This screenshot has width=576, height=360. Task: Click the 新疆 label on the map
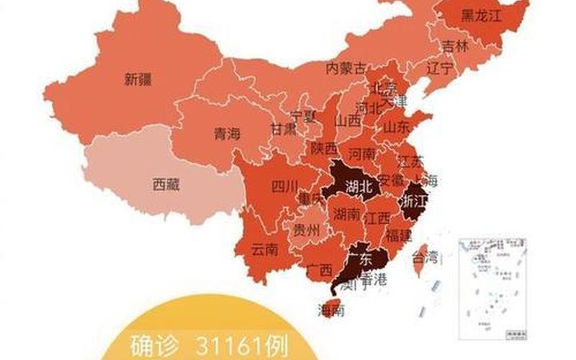[138, 80]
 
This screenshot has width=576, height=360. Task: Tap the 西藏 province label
[166, 184]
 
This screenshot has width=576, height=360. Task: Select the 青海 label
[228, 134]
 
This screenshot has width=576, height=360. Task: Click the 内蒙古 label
[346, 68]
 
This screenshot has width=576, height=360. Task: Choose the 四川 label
[284, 187]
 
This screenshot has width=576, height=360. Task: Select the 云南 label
[265, 250]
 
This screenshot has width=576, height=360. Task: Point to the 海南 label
[330, 310]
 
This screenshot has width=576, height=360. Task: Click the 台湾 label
[423, 256]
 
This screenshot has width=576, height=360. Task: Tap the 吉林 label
[454, 46]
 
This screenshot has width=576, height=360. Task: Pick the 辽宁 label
[440, 68]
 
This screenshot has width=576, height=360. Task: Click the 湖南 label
[347, 214]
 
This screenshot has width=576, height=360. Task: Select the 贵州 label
[306, 231]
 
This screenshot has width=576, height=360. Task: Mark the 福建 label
[398, 235]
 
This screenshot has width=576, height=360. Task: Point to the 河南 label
[361, 154]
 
